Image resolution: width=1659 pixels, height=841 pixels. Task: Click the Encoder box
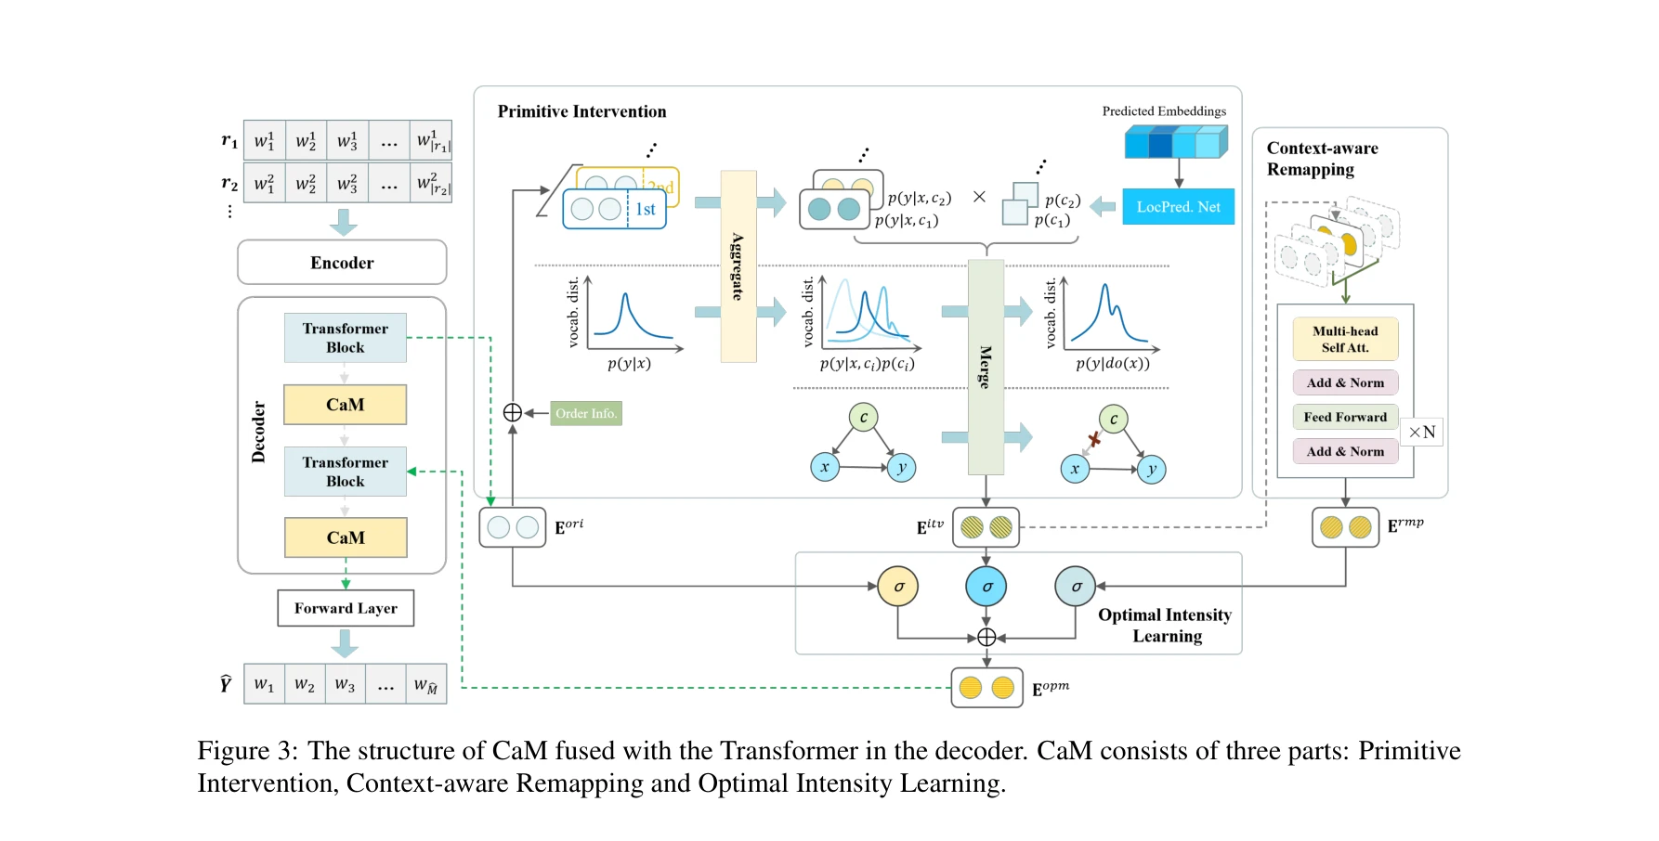[x=342, y=263]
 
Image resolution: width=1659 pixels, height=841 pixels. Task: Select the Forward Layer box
[x=346, y=609]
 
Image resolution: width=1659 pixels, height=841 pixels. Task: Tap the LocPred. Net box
[x=1178, y=207]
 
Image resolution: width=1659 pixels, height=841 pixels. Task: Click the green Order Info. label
[x=586, y=413]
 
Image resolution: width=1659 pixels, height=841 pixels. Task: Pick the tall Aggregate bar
[x=738, y=266]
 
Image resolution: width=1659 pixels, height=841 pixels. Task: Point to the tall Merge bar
[x=986, y=367]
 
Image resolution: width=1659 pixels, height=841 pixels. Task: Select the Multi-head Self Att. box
[x=1345, y=339]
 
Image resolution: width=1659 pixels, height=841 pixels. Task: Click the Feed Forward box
[x=1345, y=417]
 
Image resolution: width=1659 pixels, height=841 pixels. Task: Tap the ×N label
[x=1421, y=432]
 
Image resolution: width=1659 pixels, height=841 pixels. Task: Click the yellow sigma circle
[x=898, y=587]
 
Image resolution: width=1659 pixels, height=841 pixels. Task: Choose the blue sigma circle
[x=986, y=587]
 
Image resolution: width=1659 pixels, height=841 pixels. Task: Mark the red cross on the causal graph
[x=1094, y=439]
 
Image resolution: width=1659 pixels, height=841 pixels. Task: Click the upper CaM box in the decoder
[x=345, y=405]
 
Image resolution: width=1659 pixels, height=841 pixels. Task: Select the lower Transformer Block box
[x=345, y=472]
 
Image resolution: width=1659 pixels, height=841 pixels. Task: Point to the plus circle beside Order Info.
[x=513, y=413]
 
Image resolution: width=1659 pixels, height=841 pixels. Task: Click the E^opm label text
[x=1051, y=689]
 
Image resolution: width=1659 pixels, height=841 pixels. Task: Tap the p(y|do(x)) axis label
[x=1112, y=364]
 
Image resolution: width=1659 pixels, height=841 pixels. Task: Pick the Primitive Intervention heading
[x=581, y=111]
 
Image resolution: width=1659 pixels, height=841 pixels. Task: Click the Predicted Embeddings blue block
[x=1176, y=143]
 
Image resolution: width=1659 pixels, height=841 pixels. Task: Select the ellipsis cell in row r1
[x=389, y=141]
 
